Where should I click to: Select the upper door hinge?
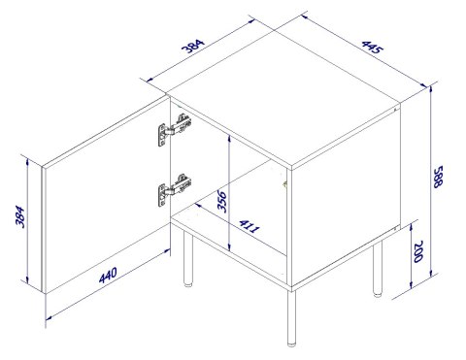point(170,130)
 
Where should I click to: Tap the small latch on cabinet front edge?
point(285,181)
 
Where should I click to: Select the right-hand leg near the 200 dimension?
point(379,269)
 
